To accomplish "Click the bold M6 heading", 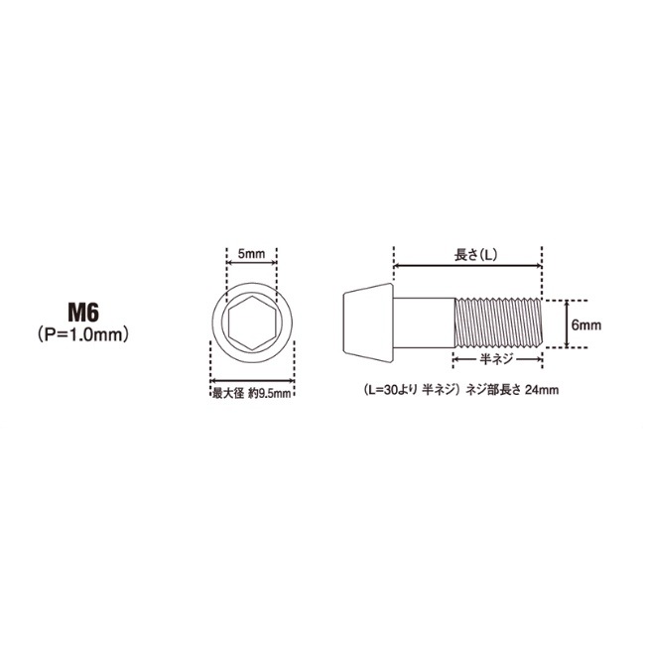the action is (x=83, y=313).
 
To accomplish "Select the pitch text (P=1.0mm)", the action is (x=83, y=334).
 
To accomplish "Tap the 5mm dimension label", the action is (x=251, y=253).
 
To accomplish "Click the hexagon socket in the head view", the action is (x=252, y=322).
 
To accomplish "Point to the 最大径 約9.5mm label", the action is (x=252, y=394).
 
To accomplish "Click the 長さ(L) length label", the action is (x=475, y=255).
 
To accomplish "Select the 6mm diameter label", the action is (x=586, y=324).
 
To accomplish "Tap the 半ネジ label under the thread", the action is (x=497, y=359).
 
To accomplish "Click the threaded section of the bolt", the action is (x=498, y=323).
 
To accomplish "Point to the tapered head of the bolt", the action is (x=368, y=322).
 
